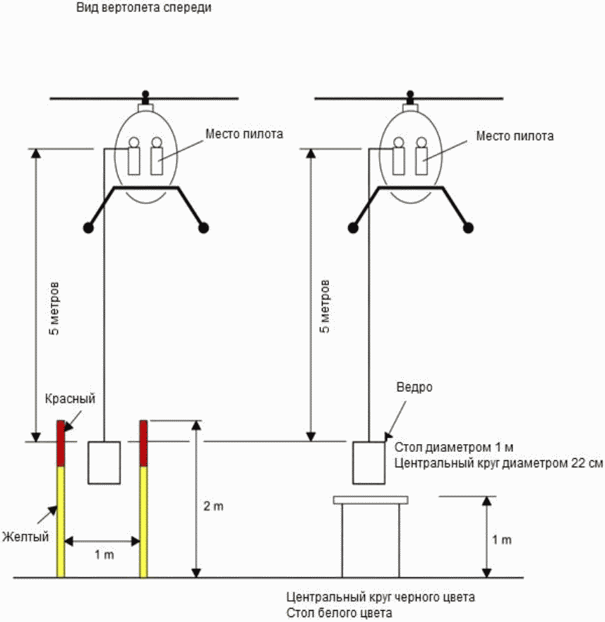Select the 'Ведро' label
(x=414, y=388)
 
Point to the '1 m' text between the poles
(x=104, y=555)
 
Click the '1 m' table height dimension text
(x=502, y=540)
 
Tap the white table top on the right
(x=371, y=500)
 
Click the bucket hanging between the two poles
(x=104, y=462)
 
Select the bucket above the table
(x=369, y=462)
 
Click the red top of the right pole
(x=143, y=443)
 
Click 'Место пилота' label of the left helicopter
(x=244, y=133)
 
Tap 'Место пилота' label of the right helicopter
(x=515, y=135)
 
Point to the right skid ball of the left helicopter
(x=204, y=227)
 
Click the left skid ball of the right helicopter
(x=354, y=227)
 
